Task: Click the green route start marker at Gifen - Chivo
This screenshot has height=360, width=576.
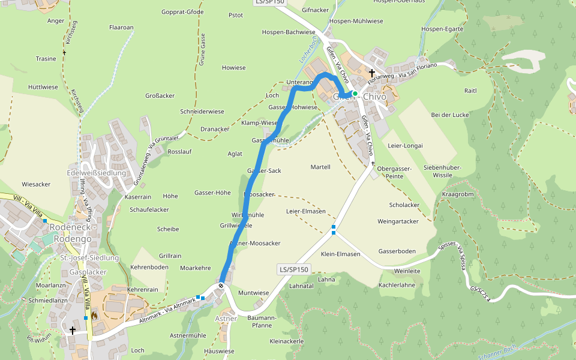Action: pyautogui.click(x=355, y=94)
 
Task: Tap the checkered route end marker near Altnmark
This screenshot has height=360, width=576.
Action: pyautogui.click(x=221, y=286)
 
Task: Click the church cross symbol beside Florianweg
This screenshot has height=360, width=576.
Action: pyautogui.click(x=372, y=72)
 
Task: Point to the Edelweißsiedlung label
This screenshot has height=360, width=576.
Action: pyautogui.click(x=97, y=173)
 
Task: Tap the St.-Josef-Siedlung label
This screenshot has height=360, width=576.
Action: pyautogui.click(x=90, y=258)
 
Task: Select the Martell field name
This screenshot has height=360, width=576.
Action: pyautogui.click(x=320, y=167)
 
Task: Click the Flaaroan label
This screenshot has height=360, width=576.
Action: pyautogui.click(x=121, y=28)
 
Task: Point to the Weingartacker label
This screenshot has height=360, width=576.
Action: pyautogui.click(x=398, y=221)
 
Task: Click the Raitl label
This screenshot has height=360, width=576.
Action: pyautogui.click(x=470, y=91)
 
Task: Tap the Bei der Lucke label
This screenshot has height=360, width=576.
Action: pyautogui.click(x=449, y=115)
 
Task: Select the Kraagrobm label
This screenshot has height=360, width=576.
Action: pyautogui.click(x=458, y=194)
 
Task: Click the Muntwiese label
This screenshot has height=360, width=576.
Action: pyautogui.click(x=253, y=293)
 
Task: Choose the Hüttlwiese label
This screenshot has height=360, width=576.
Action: pyautogui.click(x=43, y=87)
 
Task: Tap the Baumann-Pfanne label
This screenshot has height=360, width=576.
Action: pyautogui.click(x=256, y=321)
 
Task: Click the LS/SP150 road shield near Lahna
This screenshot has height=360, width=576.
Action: pyautogui.click(x=294, y=269)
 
